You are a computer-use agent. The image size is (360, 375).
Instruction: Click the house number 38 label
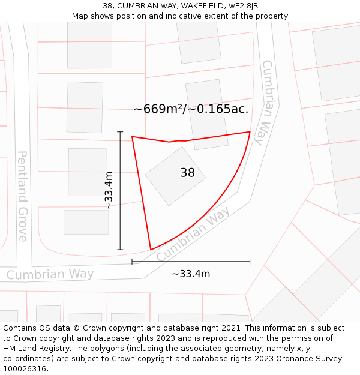(188, 173)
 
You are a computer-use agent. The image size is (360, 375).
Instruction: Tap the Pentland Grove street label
(22, 196)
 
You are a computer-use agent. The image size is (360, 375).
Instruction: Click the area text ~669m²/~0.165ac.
(191, 109)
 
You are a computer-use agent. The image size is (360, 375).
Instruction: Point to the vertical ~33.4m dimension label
(109, 190)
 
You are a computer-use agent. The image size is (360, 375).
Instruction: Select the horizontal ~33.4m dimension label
(191, 274)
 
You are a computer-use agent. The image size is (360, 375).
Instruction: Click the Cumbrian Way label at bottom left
(50, 274)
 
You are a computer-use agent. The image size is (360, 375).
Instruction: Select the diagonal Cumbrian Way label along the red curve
(193, 235)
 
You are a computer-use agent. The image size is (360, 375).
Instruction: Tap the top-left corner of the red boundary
(132, 137)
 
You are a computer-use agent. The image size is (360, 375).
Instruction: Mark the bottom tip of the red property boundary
(151, 249)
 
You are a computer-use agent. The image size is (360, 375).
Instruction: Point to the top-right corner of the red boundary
(250, 132)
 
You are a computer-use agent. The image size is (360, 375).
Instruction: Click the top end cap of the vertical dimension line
(120, 132)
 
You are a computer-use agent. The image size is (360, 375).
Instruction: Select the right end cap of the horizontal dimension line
(250, 262)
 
